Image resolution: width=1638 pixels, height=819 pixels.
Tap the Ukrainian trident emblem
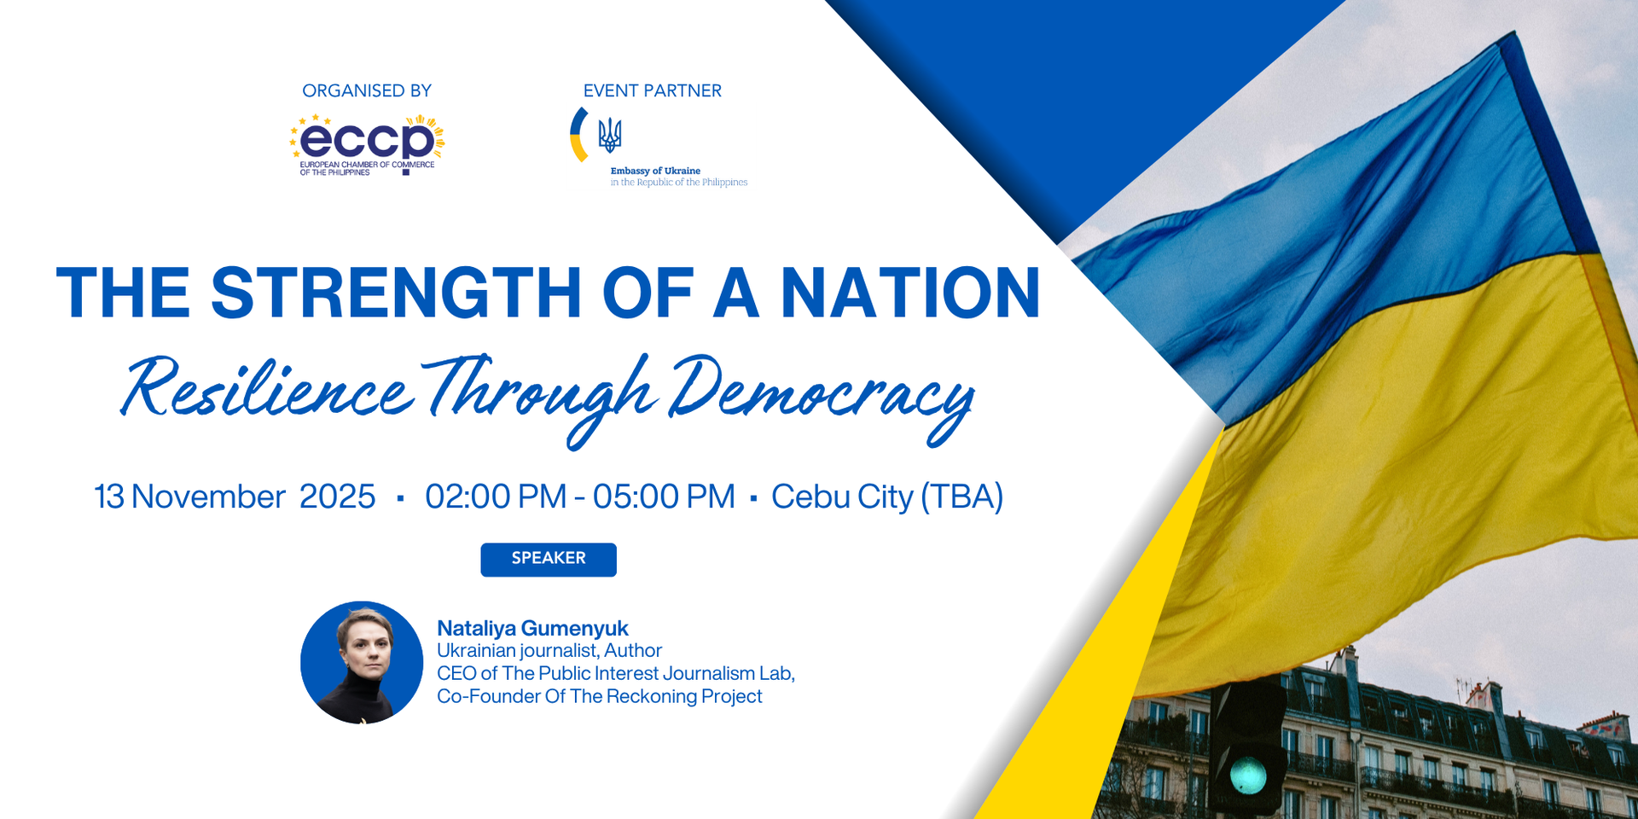coord(609,135)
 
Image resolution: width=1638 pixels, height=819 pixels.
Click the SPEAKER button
coord(549,559)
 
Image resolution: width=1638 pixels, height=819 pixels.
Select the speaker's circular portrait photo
coord(362,662)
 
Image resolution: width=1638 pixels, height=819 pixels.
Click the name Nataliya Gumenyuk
coord(532,628)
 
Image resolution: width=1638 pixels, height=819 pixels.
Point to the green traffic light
coord(1247,775)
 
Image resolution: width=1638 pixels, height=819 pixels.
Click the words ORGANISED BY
coord(367,90)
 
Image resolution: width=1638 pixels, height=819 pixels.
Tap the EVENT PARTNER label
coord(653,90)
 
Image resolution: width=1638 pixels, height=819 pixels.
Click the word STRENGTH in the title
coord(396,293)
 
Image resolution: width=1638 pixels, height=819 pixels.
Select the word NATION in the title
coord(910,293)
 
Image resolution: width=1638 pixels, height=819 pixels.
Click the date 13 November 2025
coord(235,497)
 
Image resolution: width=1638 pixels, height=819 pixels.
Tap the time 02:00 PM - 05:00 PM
coord(580,497)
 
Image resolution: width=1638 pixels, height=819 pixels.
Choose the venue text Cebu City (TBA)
coord(887,497)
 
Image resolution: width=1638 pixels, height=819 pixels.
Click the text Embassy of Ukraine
coord(655,171)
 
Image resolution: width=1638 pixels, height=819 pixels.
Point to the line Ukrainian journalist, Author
coord(549,650)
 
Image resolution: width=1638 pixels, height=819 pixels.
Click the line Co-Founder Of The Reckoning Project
coord(599,696)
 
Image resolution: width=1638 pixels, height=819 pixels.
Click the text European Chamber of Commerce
coord(367,164)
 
